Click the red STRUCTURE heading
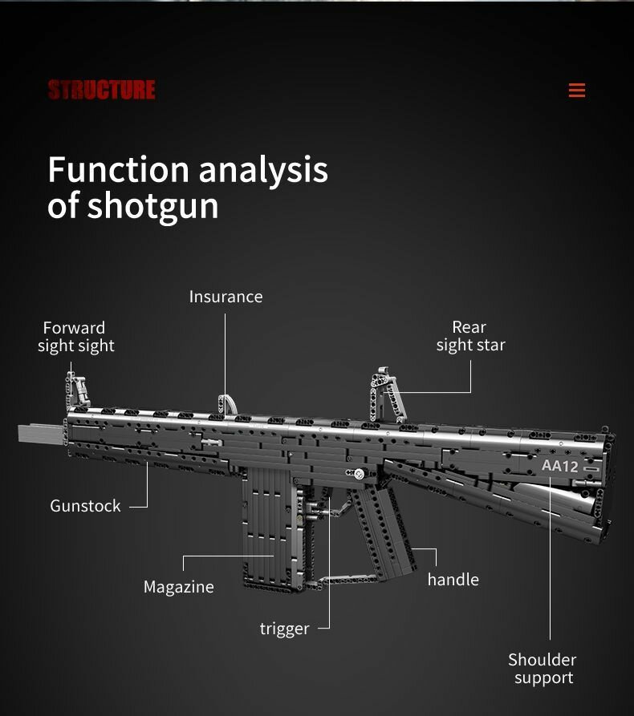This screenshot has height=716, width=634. pyautogui.click(x=101, y=90)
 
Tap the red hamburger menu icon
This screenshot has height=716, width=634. pyautogui.click(x=576, y=91)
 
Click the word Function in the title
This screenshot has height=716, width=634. pyautogui.click(x=118, y=170)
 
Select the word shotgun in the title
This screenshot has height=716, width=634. pyautogui.click(x=152, y=206)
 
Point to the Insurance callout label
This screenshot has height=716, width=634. pyautogui.click(x=226, y=297)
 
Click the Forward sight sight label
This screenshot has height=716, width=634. pyautogui.click(x=75, y=337)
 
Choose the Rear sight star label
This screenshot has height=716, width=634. pyautogui.click(x=470, y=336)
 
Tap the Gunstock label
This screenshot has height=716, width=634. pyautogui.click(x=85, y=506)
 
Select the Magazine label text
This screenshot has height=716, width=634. pyautogui.click(x=178, y=587)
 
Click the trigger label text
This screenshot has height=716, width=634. pyautogui.click(x=284, y=629)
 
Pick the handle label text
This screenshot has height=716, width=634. pyautogui.click(x=453, y=580)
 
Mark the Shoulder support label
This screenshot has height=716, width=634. pyautogui.click(x=543, y=669)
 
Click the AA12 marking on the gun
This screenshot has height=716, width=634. pyautogui.click(x=559, y=466)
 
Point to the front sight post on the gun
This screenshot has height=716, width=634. pyautogui.click(x=79, y=390)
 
